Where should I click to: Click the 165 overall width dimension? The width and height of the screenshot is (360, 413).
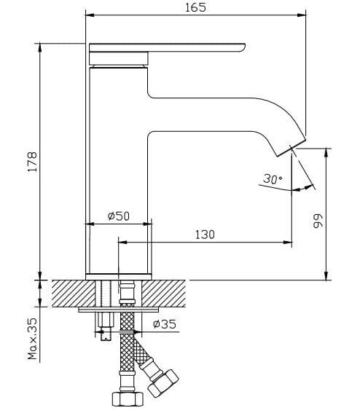tap(196, 7)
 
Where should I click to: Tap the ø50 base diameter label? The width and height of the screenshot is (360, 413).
tap(118, 216)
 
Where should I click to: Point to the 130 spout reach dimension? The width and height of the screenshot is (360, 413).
tap(206, 234)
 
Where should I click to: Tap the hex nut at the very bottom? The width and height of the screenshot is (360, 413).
tap(127, 400)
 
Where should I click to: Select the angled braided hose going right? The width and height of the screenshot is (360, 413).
tap(141, 350)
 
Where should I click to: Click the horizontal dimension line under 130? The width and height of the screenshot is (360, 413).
tap(206, 243)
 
